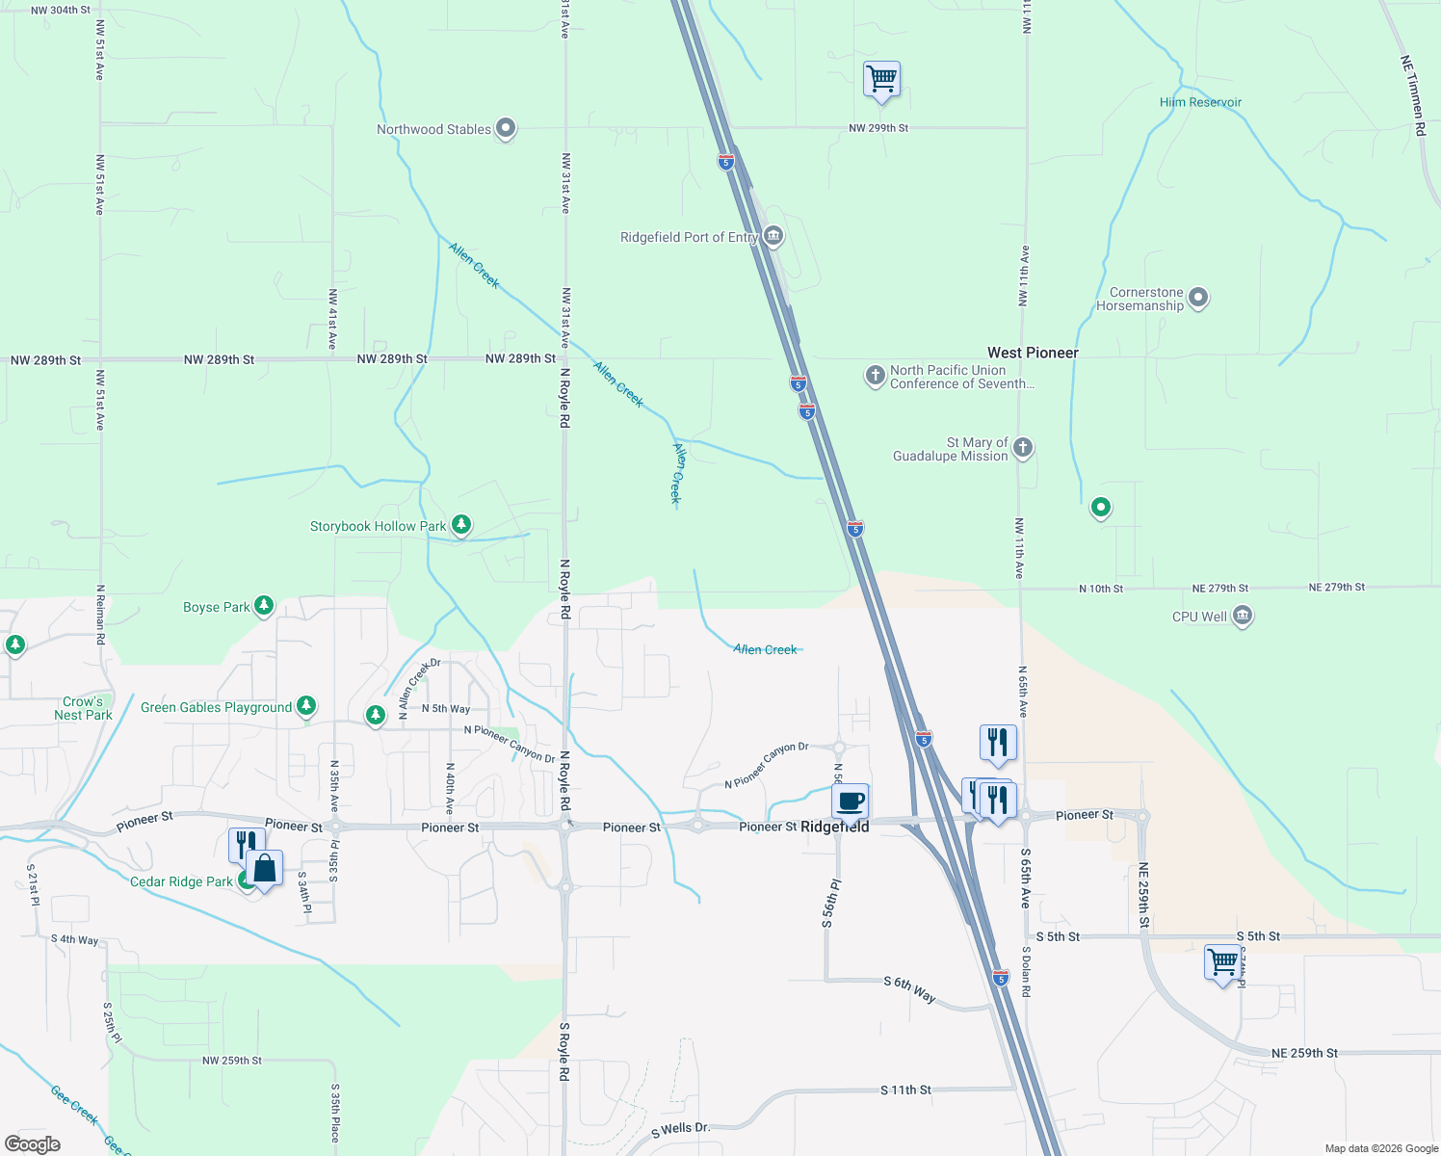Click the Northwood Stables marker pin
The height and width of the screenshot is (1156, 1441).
pyautogui.click(x=506, y=128)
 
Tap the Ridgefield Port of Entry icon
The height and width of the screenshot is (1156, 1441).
pyautogui.click(x=773, y=236)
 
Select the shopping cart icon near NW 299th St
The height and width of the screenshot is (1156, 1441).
pyautogui.click(x=882, y=79)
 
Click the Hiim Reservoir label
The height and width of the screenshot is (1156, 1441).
pyautogui.click(x=1200, y=102)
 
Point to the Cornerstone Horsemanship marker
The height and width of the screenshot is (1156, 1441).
pyautogui.click(x=1198, y=298)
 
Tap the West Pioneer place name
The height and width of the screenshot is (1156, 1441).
pyautogui.click(x=1033, y=353)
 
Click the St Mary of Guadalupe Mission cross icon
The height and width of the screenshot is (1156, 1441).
pyautogui.click(x=1023, y=447)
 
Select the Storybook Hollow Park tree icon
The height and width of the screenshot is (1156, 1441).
pyautogui.click(x=461, y=525)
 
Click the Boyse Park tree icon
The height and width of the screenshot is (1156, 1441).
pyautogui.click(x=264, y=606)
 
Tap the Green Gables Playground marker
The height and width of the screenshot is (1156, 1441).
pyautogui.click(x=306, y=706)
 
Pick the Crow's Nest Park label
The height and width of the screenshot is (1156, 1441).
pyautogui.click(x=84, y=708)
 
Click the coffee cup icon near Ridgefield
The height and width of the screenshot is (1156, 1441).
pyautogui.click(x=851, y=801)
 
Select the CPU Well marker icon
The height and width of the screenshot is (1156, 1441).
pyautogui.click(x=1243, y=616)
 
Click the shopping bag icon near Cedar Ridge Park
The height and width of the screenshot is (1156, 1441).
pyautogui.click(x=264, y=868)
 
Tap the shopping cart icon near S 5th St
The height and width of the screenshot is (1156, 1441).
pyautogui.click(x=1222, y=961)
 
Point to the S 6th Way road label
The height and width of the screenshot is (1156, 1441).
pyautogui.click(x=910, y=988)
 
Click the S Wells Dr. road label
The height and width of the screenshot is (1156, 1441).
pyautogui.click(x=680, y=1129)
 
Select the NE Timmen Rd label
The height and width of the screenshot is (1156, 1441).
pyautogui.click(x=1411, y=95)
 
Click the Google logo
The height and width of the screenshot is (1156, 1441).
pyautogui.click(x=33, y=1144)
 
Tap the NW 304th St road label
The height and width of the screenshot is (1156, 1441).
pyautogui.click(x=61, y=11)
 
